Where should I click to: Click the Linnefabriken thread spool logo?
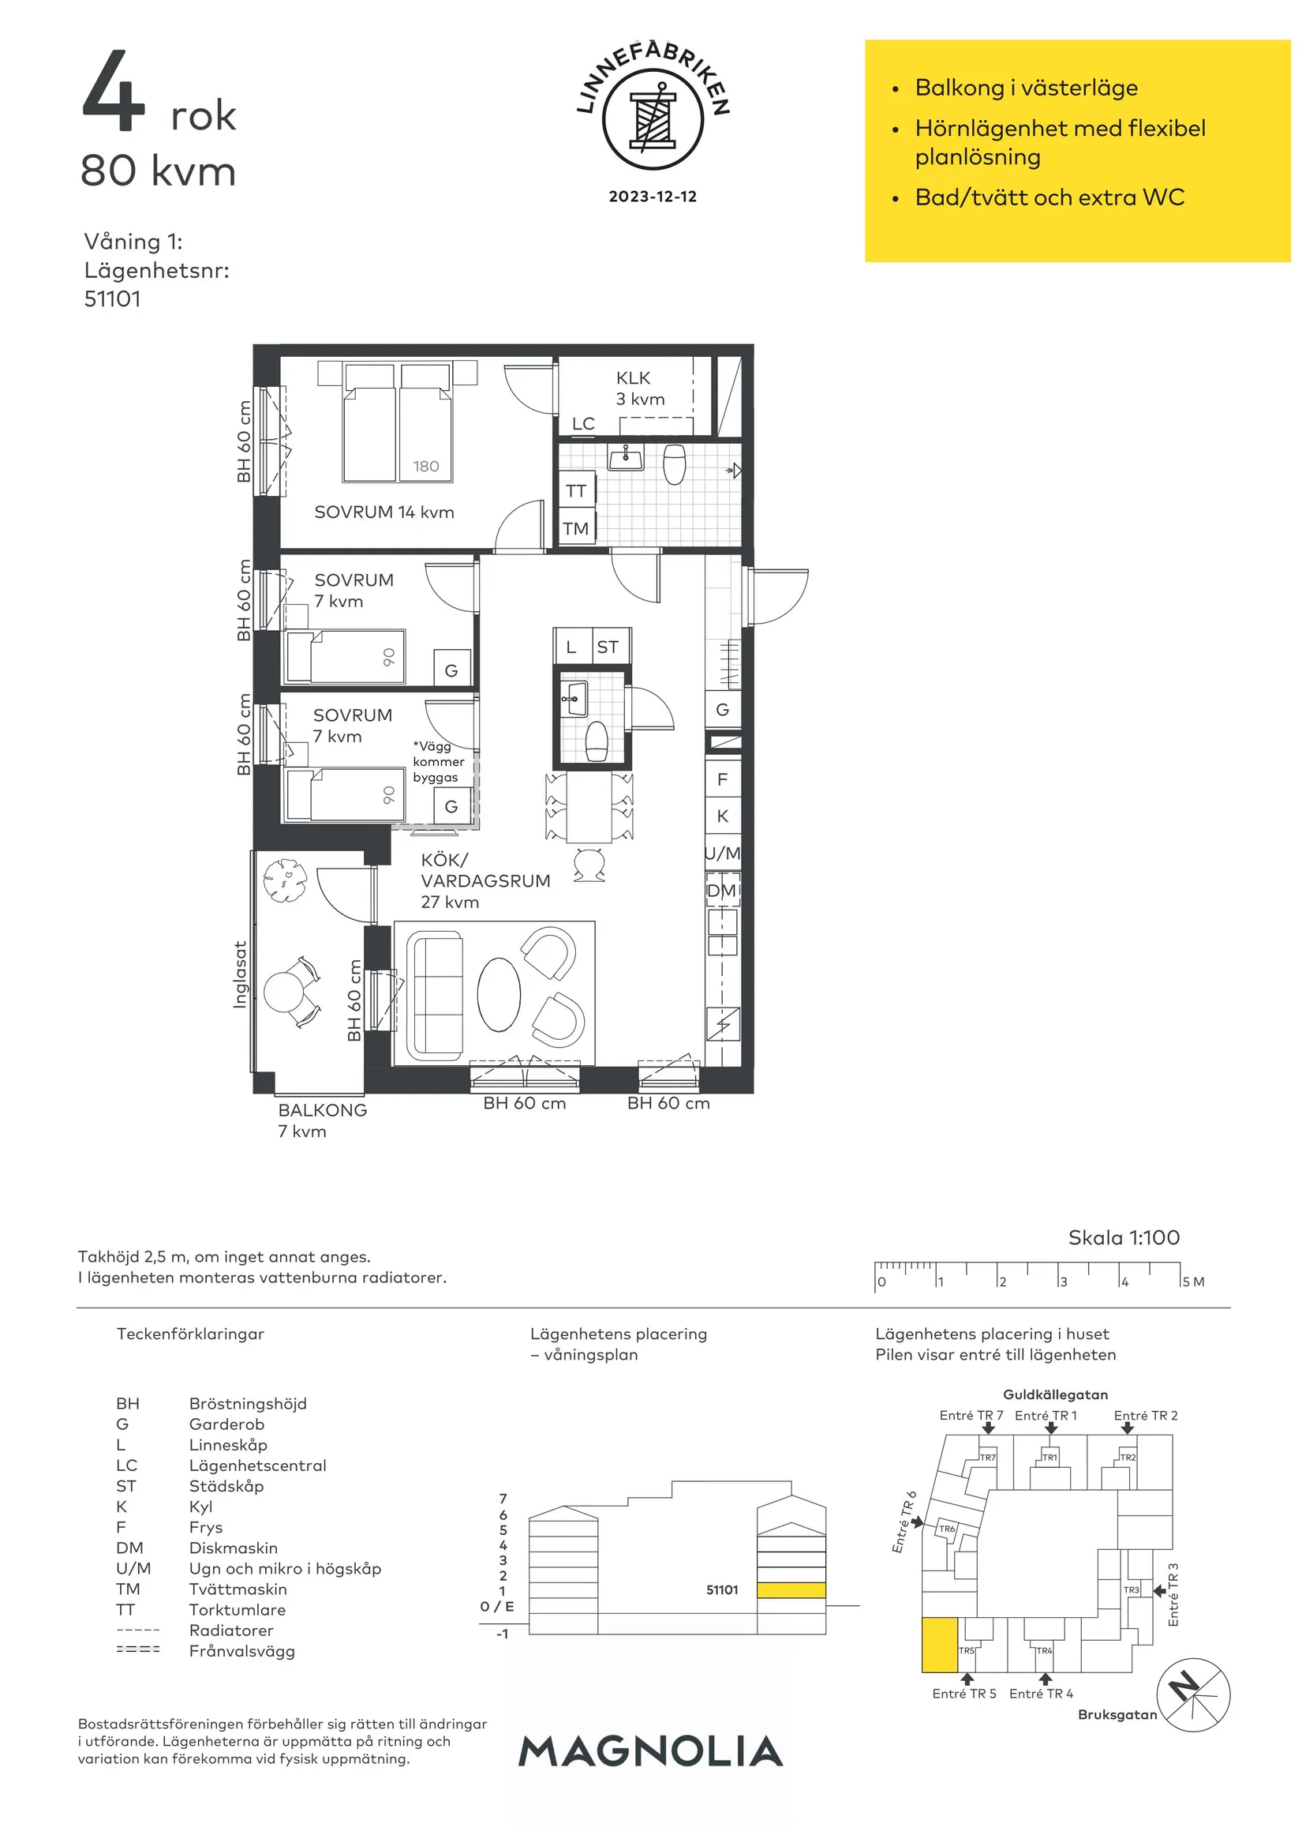(653, 119)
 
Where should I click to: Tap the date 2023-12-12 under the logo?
(653, 197)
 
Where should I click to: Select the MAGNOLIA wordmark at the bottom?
(650, 1751)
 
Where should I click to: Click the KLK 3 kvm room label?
(640, 388)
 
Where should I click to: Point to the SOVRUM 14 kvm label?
(384, 512)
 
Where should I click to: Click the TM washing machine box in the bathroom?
(575, 528)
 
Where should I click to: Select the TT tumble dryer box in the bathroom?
(575, 491)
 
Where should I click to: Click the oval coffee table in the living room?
(499, 995)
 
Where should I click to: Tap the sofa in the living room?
(435, 996)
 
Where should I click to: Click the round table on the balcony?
(283, 991)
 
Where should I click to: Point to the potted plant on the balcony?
(285, 880)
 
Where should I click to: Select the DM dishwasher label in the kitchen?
(721, 891)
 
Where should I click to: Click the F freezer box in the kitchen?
(722, 779)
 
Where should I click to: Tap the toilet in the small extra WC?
(597, 741)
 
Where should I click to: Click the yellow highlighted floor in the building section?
(791, 1590)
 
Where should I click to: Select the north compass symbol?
(1194, 1694)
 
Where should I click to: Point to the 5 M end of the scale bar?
(1180, 1276)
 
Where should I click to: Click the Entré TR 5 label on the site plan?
(963, 1693)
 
